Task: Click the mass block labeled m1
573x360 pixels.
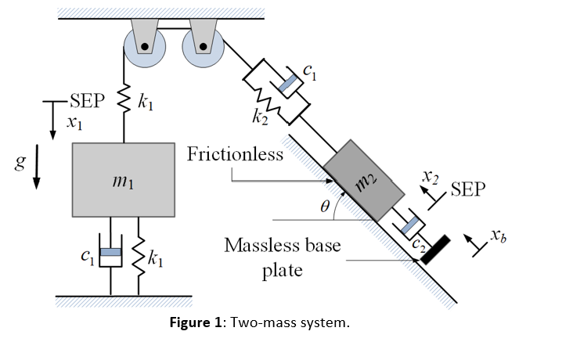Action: (x=123, y=179)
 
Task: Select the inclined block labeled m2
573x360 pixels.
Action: (x=363, y=181)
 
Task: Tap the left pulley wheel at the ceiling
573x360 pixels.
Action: (x=144, y=47)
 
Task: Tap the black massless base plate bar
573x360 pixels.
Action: (x=432, y=249)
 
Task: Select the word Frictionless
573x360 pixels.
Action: (x=235, y=154)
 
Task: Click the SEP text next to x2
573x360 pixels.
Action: (x=468, y=189)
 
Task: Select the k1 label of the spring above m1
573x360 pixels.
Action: (x=145, y=102)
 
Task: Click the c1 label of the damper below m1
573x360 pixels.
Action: (x=87, y=257)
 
